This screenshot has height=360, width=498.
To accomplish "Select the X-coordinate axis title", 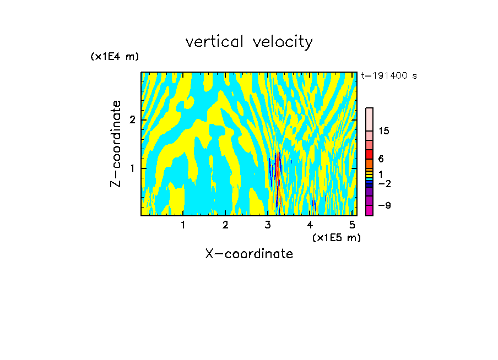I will [x=249, y=254].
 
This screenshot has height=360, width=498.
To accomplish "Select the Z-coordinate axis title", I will [x=116, y=144].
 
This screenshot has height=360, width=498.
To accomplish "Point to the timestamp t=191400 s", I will [x=388, y=75].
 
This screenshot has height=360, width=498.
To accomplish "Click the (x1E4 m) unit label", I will [x=115, y=57].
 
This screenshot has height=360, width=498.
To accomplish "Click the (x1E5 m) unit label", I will [x=336, y=237].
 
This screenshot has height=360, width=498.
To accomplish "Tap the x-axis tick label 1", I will [x=183, y=225].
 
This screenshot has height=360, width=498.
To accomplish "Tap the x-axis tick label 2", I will [x=225, y=225].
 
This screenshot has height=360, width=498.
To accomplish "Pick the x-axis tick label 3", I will [x=268, y=225].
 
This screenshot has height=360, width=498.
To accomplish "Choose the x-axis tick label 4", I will [x=310, y=225].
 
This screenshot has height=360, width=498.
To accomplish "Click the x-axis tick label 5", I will [x=352, y=225].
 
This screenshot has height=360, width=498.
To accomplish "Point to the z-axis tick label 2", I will [x=132, y=120].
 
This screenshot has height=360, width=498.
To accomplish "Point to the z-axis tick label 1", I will [x=132, y=168].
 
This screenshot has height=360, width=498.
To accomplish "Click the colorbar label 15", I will [x=384, y=131].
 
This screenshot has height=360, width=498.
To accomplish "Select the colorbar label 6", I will [x=381, y=159].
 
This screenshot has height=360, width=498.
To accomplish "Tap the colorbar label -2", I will [x=384, y=183].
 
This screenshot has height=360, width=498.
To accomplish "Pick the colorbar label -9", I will [x=384, y=205].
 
